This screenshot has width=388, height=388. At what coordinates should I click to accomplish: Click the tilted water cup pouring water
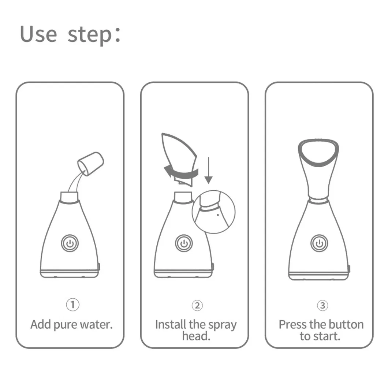coord(92,163)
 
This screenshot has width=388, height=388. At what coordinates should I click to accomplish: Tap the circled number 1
coord(73,305)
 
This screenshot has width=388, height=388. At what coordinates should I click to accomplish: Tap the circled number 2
coord(197,305)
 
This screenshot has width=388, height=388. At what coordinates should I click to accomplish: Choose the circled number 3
coord(322,305)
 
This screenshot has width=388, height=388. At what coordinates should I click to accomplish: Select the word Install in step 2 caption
coord(171,324)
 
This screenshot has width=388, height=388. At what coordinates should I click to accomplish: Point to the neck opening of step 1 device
coord(69,197)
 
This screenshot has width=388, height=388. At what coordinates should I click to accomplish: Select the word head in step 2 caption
coord(196,336)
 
